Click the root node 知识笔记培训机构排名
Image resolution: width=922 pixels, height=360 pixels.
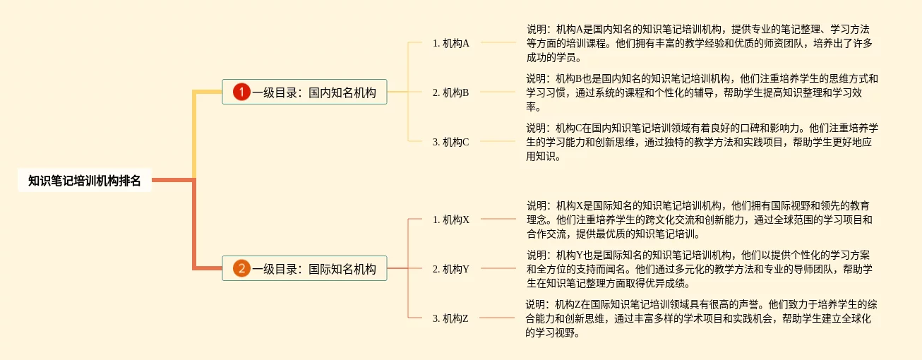click(x=85, y=181)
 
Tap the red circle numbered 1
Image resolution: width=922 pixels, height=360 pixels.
click(x=241, y=92)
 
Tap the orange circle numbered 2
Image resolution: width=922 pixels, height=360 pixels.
click(x=241, y=268)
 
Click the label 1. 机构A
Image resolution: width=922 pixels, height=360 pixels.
click(x=451, y=43)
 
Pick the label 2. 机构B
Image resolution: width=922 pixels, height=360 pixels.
click(x=451, y=92)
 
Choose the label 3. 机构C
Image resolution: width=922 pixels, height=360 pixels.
click(x=451, y=142)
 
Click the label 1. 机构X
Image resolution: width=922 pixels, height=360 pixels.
click(x=451, y=220)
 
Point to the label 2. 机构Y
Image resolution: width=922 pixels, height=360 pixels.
click(x=451, y=269)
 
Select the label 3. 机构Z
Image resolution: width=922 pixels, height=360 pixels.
click(x=451, y=318)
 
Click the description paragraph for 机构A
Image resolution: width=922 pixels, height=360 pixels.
click(x=699, y=44)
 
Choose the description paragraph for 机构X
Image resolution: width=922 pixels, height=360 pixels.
click(x=699, y=220)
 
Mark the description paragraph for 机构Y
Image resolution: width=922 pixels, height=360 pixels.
click(x=699, y=269)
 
